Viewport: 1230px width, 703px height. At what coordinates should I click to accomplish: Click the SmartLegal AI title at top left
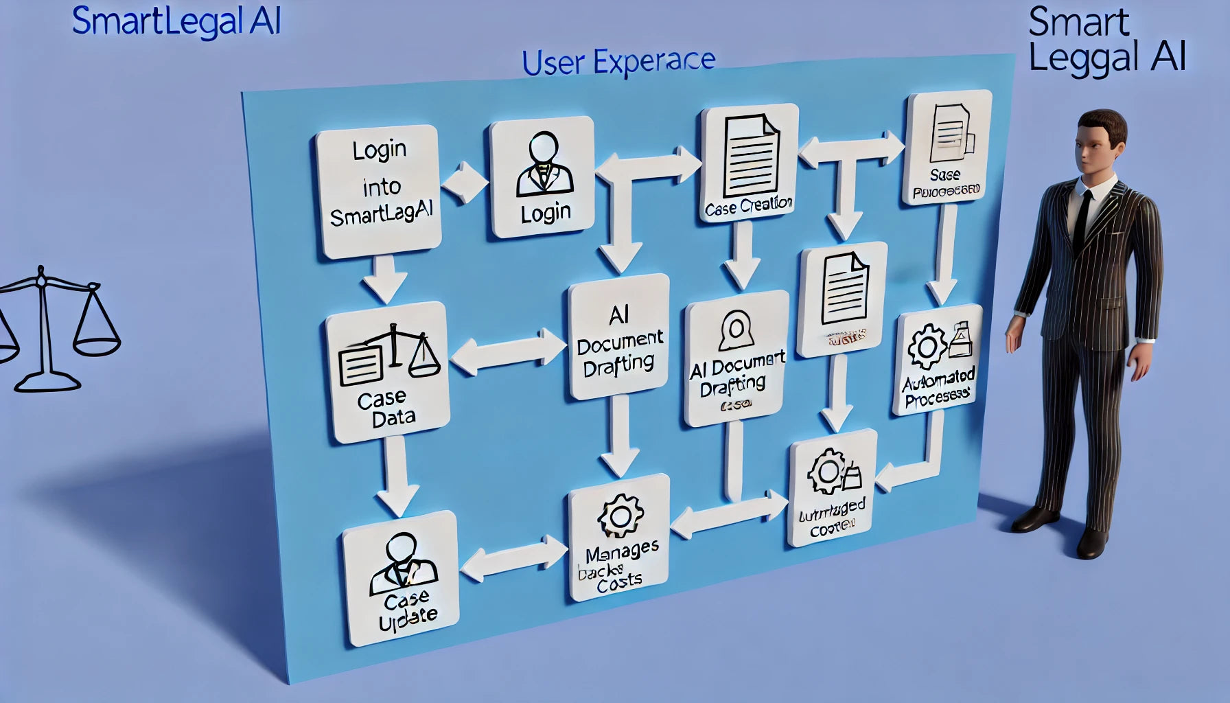[176, 21]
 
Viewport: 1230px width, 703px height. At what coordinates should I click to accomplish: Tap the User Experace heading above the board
[618, 62]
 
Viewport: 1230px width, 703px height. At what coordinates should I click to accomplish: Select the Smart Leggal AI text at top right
[1106, 40]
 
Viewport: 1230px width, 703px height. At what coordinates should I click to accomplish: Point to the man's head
[1099, 141]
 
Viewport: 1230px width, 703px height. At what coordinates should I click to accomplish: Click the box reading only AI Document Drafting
[619, 338]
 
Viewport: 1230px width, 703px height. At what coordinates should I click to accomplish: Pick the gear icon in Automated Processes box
[926, 347]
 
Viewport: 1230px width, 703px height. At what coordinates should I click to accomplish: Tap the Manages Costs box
[619, 538]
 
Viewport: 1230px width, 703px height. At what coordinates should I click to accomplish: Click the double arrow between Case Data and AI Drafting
[508, 352]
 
